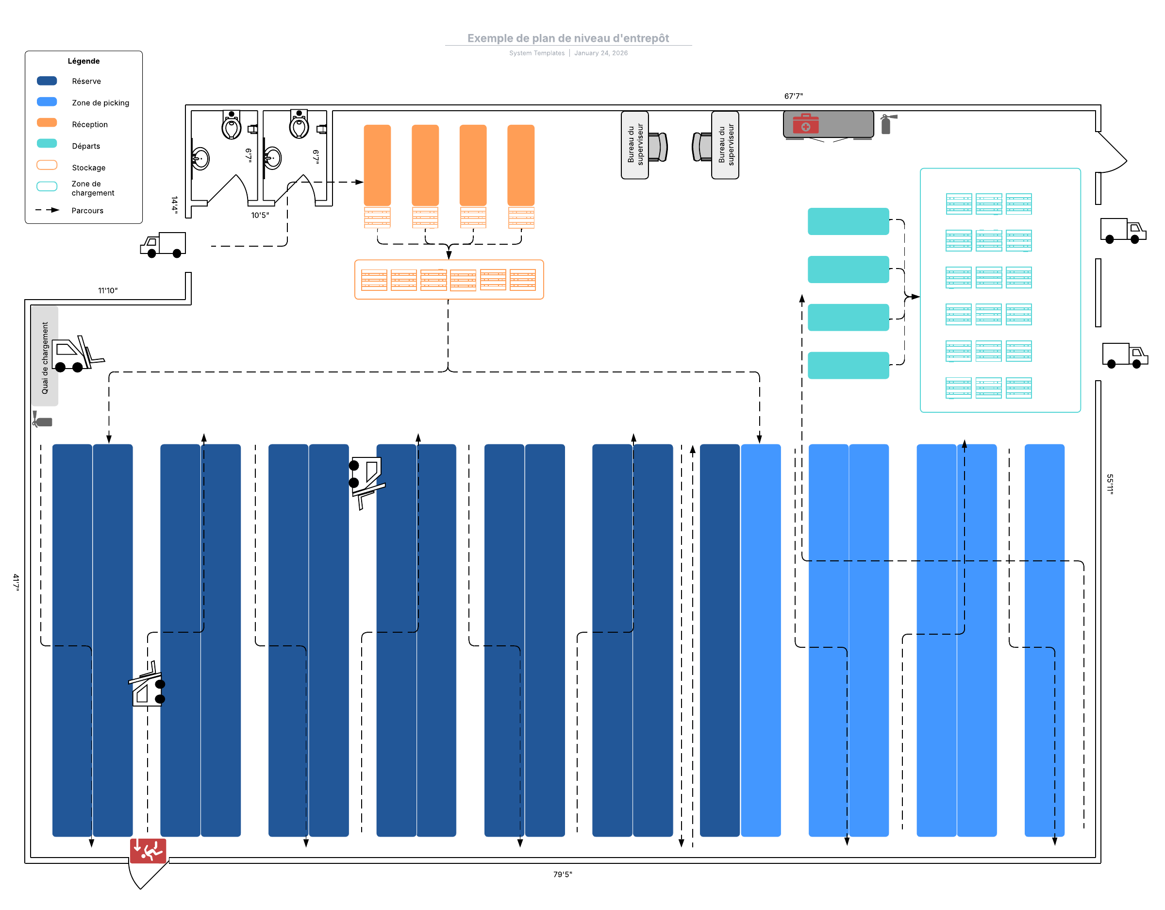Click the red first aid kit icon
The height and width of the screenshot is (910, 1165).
point(805,124)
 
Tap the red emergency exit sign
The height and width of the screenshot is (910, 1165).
point(148,850)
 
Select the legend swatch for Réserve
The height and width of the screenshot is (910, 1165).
point(47,81)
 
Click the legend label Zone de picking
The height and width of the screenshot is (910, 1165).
point(100,102)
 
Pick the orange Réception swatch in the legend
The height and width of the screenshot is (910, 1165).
point(47,123)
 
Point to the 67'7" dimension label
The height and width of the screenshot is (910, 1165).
point(793,96)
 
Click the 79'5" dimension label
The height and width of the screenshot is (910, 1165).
point(562,874)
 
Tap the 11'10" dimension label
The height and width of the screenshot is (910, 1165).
point(108,290)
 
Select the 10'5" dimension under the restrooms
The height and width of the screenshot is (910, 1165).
point(260,215)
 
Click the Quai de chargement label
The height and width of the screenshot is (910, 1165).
point(45,357)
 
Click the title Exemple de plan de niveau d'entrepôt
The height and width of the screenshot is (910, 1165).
point(568,38)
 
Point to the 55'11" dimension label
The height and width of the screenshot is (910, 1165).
point(1110,484)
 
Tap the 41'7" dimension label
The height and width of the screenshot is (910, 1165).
point(16,582)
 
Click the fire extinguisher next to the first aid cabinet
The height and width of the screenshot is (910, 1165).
point(886,124)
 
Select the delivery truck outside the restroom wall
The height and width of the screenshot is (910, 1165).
point(164,244)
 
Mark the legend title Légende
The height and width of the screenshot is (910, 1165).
point(84,61)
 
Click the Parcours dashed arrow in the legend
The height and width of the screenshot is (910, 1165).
point(48,210)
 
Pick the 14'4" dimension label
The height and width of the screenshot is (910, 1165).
point(174,204)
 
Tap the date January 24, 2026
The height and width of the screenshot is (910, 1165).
point(600,53)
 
